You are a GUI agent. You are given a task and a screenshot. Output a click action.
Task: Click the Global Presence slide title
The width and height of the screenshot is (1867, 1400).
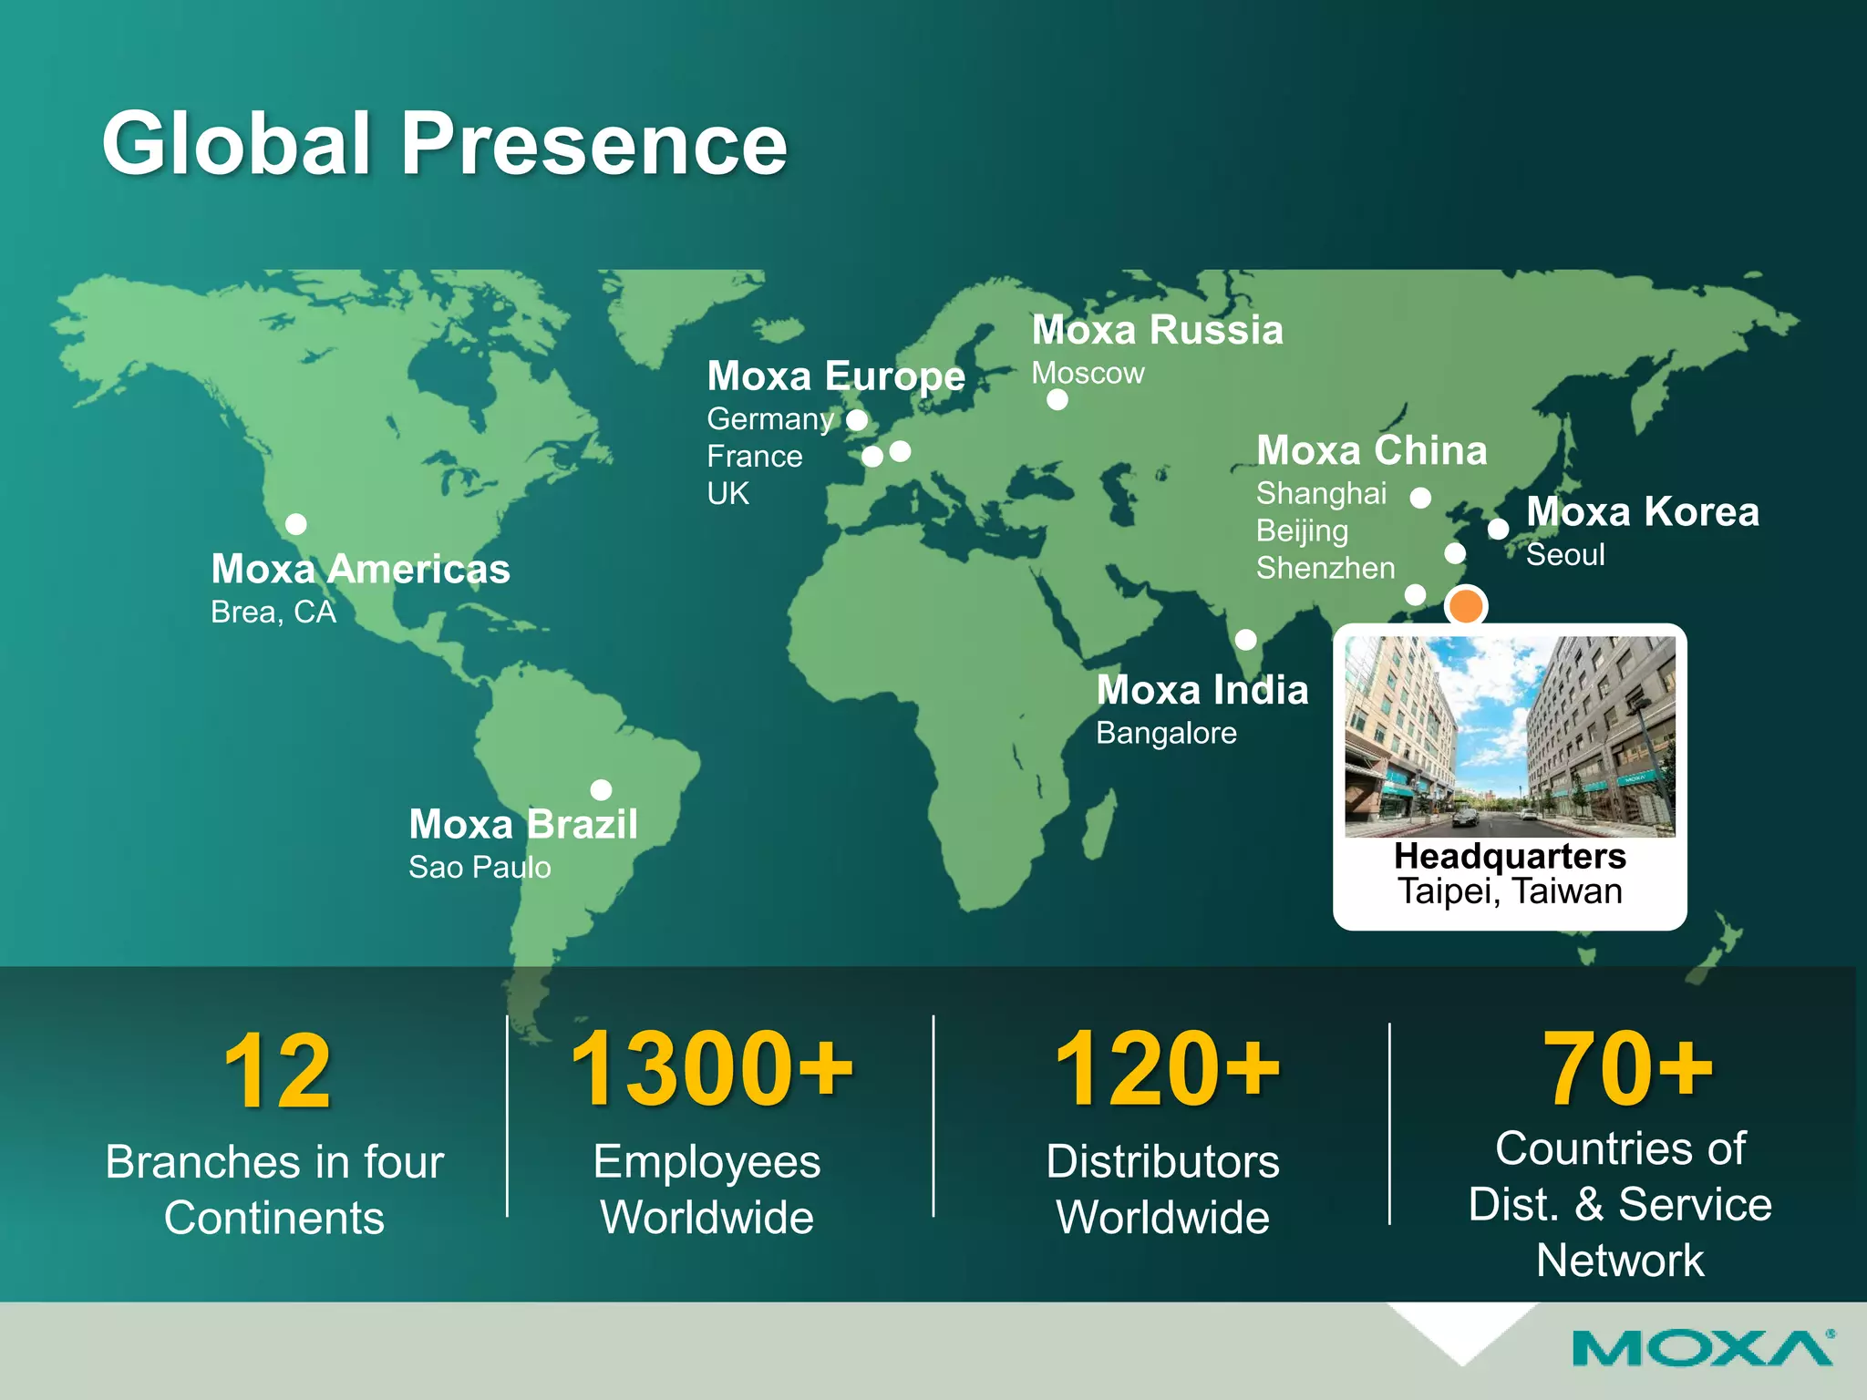pos(445,143)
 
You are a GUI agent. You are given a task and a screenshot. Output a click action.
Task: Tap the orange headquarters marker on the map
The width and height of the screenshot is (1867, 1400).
pos(1465,605)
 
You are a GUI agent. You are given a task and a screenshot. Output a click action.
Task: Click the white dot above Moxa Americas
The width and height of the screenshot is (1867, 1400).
pos(295,524)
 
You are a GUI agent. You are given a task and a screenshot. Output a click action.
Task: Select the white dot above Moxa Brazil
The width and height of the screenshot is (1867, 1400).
pos(601,789)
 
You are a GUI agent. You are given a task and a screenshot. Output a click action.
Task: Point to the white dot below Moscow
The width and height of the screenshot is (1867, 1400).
pos(1057,399)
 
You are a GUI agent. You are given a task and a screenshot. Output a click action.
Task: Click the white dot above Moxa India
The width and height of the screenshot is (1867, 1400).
pos(1245,640)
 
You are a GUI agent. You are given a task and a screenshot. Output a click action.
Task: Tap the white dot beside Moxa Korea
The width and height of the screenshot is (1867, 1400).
pos(1498,529)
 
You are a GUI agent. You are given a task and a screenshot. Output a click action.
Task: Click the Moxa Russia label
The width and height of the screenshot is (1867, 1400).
pos(1157,330)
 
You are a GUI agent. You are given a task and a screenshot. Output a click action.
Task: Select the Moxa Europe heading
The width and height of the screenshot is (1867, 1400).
pos(836,376)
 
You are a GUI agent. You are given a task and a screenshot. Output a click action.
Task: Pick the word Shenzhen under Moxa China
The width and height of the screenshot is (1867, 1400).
pos(1325,568)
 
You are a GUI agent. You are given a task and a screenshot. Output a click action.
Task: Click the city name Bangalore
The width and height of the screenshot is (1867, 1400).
pos(1166,733)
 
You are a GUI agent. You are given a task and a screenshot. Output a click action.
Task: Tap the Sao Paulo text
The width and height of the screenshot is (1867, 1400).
pos(480,867)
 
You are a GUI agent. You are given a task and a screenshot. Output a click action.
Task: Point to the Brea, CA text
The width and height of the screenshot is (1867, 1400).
pos(273,612)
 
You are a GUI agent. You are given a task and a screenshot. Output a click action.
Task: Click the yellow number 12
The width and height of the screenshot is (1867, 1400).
pos(277,1072)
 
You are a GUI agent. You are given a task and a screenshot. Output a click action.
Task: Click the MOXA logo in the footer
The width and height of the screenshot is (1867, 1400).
pos(1702,1349)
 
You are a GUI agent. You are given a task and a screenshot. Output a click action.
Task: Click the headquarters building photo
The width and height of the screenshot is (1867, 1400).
pos(1510,736)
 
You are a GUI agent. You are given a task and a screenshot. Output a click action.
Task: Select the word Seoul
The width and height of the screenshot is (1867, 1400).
pos(1565,554)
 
